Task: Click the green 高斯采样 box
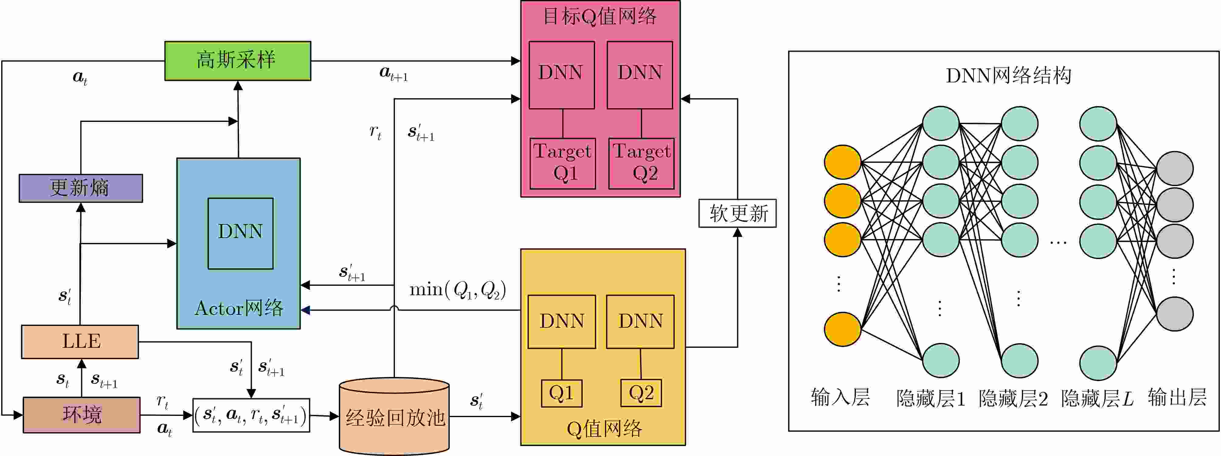coord(237,61)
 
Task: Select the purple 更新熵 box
coord(81,188)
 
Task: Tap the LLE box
coord(80,342)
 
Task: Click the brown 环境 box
coord(81,415)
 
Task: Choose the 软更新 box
coord(738,213)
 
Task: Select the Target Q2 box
coord(641,163)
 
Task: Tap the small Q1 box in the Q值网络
coord(562,393)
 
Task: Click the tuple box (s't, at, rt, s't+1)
coord(251,415)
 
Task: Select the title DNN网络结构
coord(1009,75)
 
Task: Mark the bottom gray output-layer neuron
coord(1174,314)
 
